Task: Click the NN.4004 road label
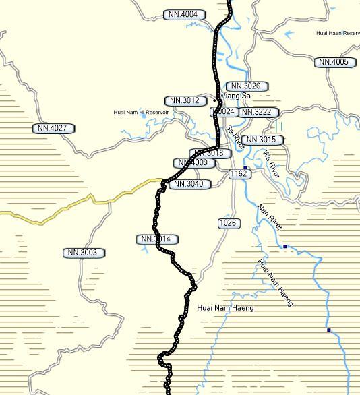185,15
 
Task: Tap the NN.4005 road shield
334,62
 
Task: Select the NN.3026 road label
247,86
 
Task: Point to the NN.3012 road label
185,101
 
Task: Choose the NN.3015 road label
262,140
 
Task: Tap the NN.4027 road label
53,128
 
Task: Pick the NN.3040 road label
189,184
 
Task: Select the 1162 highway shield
239,174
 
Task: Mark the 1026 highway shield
228,223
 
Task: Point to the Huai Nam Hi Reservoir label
141,112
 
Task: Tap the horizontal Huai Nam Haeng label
225,308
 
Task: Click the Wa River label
272,163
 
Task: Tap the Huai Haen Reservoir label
338,33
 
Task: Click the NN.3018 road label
209,154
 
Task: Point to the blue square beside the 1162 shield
245,167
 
